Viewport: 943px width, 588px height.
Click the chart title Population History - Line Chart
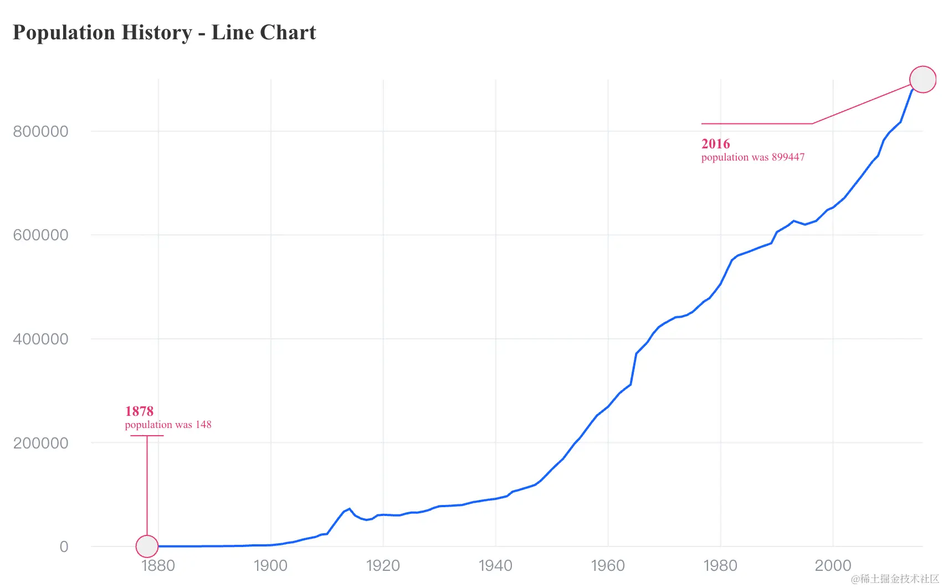[164, 33]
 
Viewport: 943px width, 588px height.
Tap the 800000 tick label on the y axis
[40, 132]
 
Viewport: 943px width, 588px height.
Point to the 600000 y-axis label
[40, 235]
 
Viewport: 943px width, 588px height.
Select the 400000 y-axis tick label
[40, 339]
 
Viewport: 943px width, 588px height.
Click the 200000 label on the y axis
[40, 443]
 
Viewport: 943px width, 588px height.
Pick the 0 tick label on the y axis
[64, 547]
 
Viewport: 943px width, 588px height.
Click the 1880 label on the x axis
[158, 566]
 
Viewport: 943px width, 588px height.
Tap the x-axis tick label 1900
[270, 566]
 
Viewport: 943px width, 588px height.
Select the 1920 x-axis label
[383, 566]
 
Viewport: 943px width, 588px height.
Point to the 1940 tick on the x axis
[495, 566]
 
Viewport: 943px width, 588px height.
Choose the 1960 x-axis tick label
[608, 566]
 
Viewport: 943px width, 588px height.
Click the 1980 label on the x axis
[720, 566]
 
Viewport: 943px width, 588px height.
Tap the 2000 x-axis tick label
[833, 566]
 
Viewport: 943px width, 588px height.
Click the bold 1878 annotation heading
[139, 411]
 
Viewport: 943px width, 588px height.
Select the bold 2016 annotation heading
[715, 144]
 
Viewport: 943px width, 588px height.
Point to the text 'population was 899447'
[752, 157]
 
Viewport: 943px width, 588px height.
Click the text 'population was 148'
[168, 425]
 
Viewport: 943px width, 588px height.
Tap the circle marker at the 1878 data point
[147, 546]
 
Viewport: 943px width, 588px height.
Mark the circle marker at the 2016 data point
[922, 79]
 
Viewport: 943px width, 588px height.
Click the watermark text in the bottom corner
[894, 579]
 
